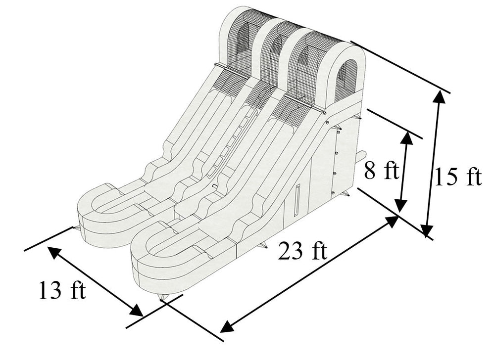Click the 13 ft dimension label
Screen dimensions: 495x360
click(62, 290)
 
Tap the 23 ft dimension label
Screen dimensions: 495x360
click(302, 251)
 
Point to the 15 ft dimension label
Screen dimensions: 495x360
click(458, 177)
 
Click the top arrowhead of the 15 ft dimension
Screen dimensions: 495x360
click(439, 96)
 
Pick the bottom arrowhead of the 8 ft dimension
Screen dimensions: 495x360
click(401, 207)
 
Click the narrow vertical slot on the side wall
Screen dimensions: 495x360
click(297, 200)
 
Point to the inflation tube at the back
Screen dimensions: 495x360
click(361, 156)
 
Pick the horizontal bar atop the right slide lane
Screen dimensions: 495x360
click(304, 102)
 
